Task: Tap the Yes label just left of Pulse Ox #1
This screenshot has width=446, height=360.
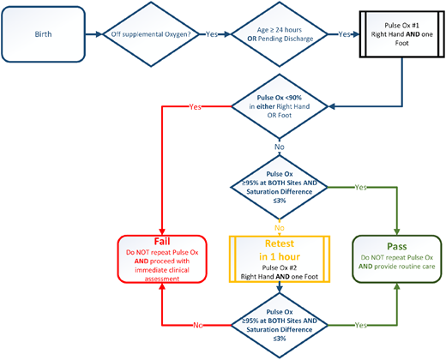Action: pyautogui.click(x=344, y=36)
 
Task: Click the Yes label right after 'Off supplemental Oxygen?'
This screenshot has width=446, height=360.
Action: pyautogui.click(x=211, y=36)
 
